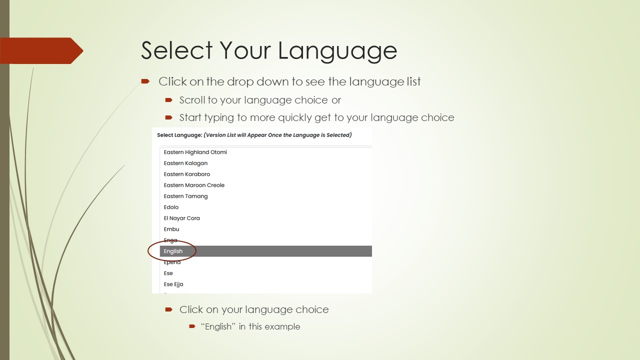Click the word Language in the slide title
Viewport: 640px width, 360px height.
(337, 51)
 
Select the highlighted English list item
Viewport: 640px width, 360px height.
(173, 251)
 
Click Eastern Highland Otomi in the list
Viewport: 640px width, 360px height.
(195, 152)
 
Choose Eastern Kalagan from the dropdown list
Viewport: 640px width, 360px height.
(185, 163)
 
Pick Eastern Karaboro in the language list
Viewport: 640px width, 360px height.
(186, 174)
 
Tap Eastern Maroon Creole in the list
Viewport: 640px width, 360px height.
(194, 185)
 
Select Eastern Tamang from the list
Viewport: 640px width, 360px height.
(185, 196)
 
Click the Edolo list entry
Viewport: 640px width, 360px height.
(171, 207)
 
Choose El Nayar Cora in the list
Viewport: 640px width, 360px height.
(181, 218)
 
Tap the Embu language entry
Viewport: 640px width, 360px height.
(171, 229)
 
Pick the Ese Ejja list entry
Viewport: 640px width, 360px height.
(173, 284)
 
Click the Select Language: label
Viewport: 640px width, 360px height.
(179, 135)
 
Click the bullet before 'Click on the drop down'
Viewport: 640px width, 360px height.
(145, 81)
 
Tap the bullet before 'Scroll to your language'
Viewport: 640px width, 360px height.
(169, 100)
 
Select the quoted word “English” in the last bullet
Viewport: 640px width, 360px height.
(218, 326)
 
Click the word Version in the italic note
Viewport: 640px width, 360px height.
(218, 135)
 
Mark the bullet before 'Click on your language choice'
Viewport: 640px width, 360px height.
(169, 309)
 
